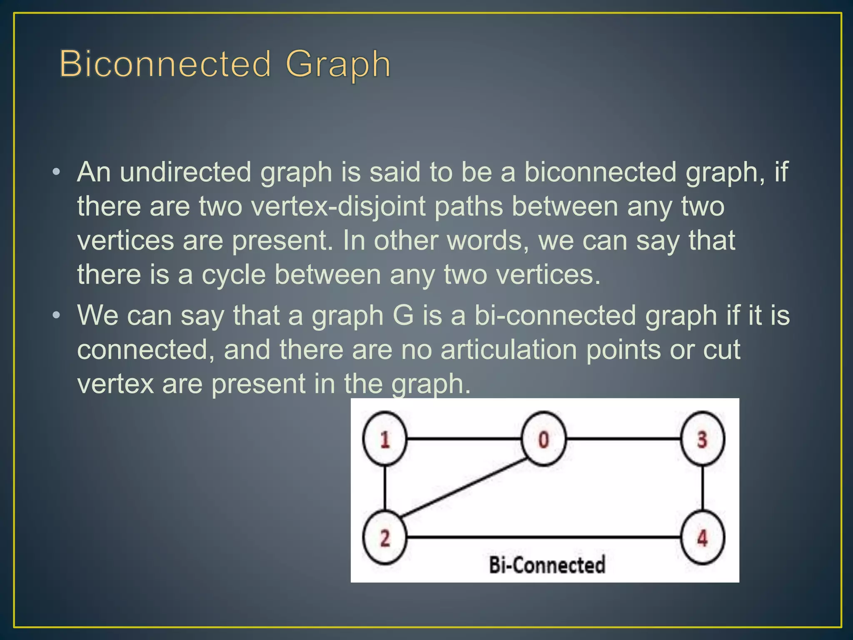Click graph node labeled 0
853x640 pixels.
point(544,439)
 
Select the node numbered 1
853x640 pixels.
point(384,439)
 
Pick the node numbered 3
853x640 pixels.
point(702,439)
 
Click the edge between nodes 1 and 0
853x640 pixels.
point(464,439)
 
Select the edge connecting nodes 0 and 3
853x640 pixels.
point(623,439)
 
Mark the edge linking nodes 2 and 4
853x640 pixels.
point(544,537)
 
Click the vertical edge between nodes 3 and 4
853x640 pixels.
point(703,488)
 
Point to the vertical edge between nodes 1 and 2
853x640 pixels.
point(384,488)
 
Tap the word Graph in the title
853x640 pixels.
point(338,65)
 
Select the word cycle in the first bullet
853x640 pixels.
point(234,275)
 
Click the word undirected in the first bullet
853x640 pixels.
point(185,172)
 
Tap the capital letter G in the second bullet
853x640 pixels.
point(403,315)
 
